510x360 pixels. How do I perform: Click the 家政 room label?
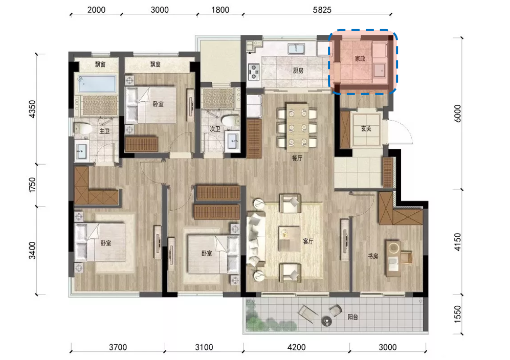pos(360,58)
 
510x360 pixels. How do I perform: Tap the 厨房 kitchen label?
pos(298,70)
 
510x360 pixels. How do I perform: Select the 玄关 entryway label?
pos(366,128)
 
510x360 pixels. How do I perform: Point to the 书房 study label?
pos(373,256)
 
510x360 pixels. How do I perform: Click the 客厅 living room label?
pos(308,241)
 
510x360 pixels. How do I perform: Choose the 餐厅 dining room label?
pos(297,159)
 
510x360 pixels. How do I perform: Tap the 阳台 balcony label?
pos(353,317)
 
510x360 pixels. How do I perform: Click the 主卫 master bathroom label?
pos(104,131)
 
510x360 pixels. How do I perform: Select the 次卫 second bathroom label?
pos(215,129)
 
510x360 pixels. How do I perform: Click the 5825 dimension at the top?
pos(322,10)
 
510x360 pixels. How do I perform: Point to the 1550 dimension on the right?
pos(457,314)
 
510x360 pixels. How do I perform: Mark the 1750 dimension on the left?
pos(32,185)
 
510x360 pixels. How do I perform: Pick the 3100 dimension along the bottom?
pos(204,347)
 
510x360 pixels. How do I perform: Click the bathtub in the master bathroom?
pos(97,83)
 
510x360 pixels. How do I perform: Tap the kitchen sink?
pos(296,49)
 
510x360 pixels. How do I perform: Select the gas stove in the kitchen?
pos(254,72)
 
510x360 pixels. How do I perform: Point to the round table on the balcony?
pos(326,321)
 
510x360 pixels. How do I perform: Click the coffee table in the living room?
pos(289,239)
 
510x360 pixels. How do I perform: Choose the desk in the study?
pos(393,258)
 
